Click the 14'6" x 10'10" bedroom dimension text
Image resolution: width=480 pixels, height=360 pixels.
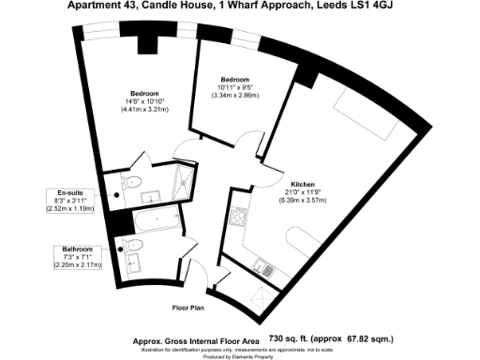(x=143, y=101)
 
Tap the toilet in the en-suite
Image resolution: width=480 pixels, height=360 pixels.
(x=132, y=182)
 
